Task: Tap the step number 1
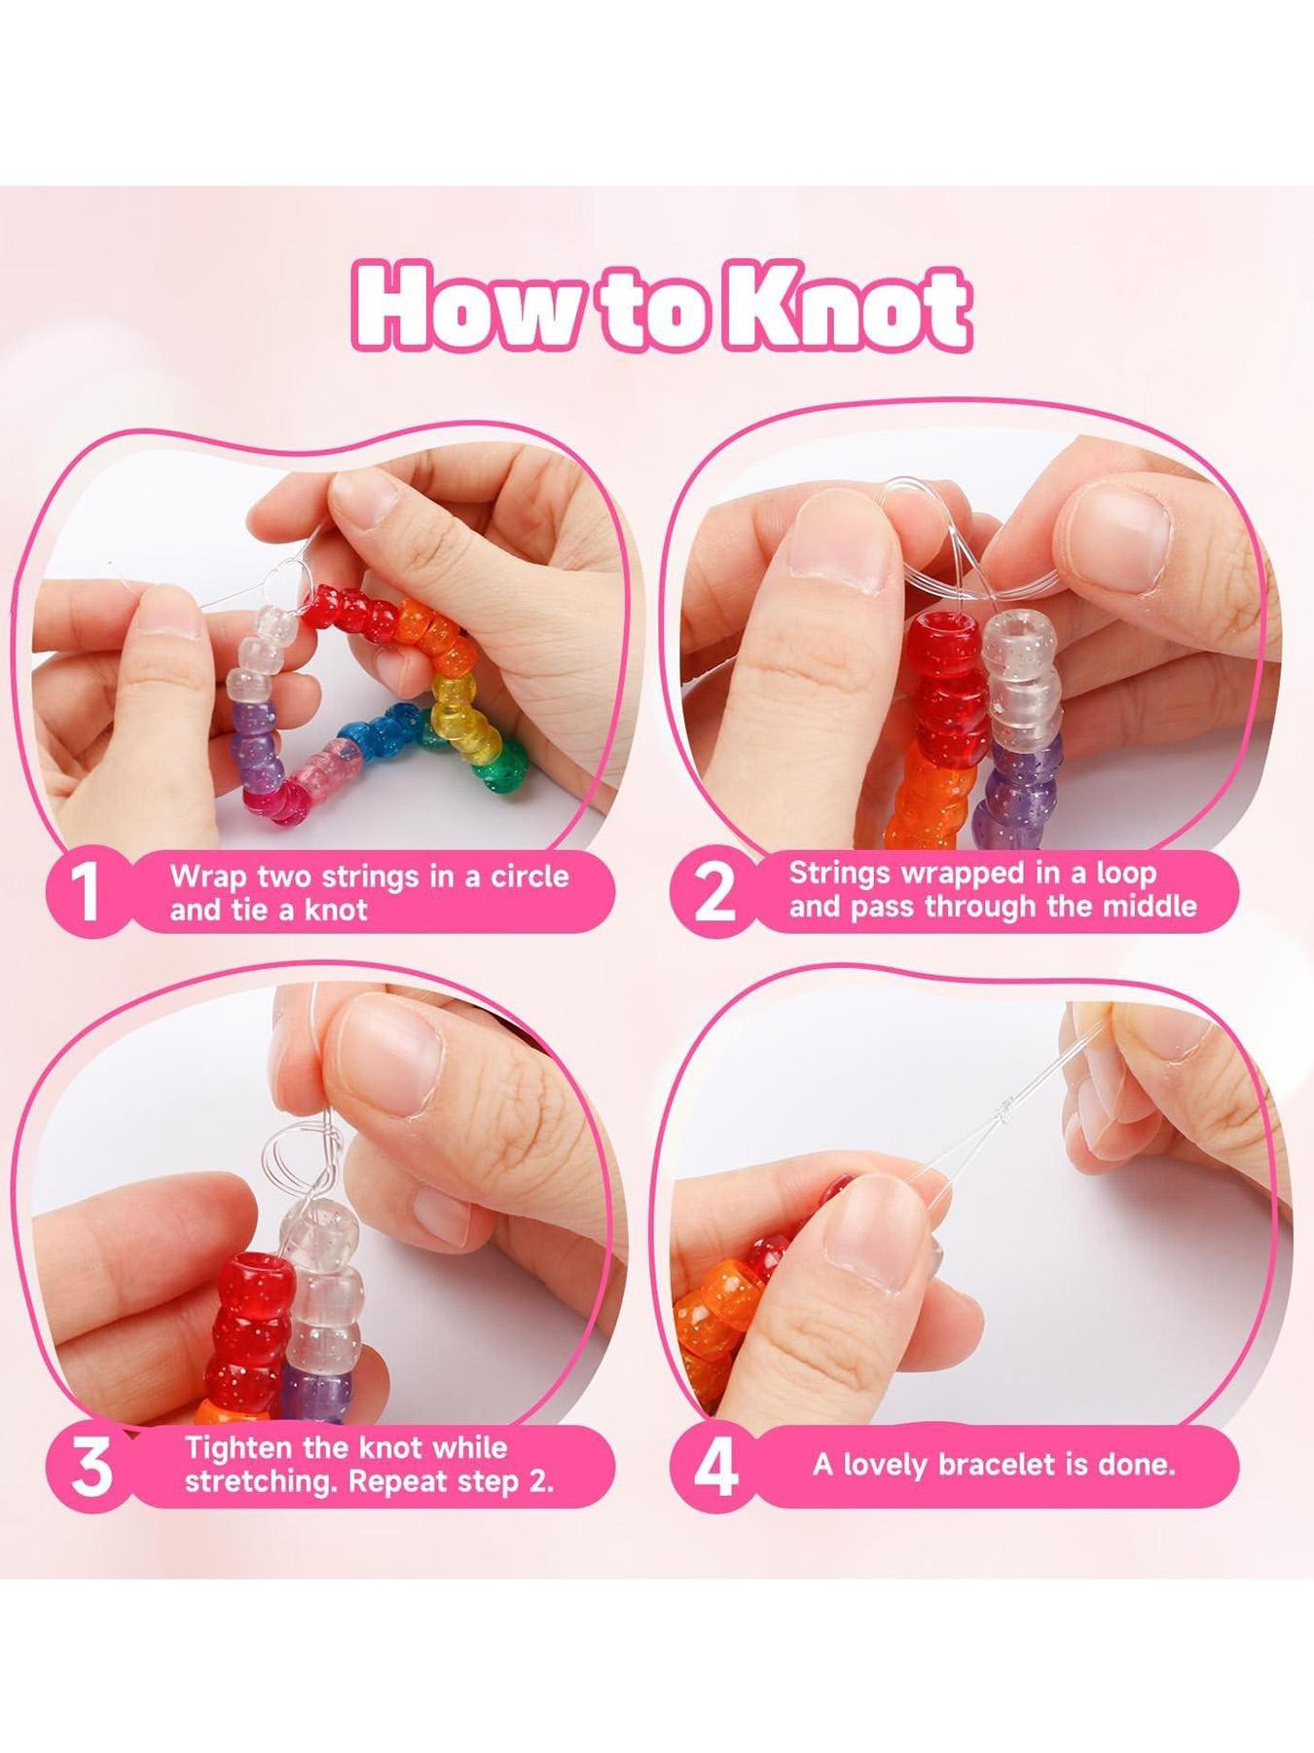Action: pos(87,891)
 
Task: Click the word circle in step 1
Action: pos(529,876)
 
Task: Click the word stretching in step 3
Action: pos(259,1483)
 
